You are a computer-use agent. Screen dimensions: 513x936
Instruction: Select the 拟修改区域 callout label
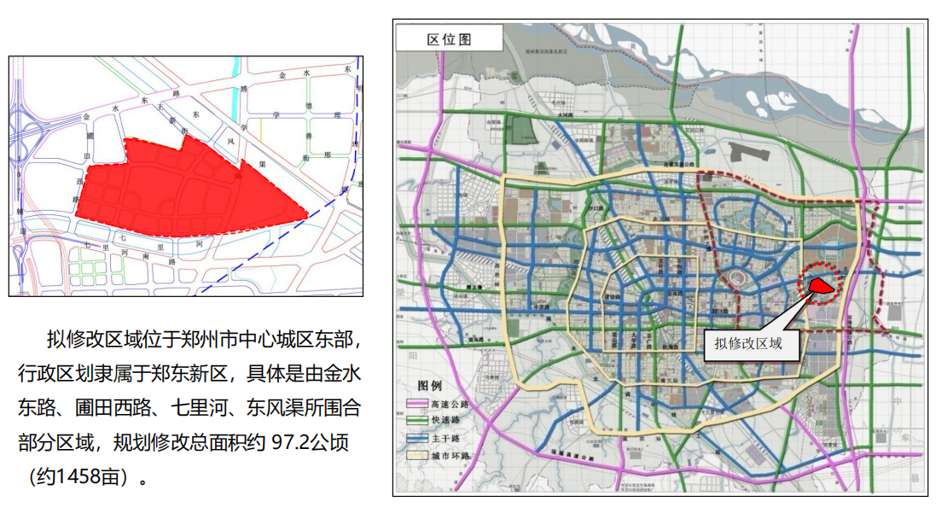[747, 344]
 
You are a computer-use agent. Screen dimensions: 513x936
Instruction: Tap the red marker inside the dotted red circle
[820, 286]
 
